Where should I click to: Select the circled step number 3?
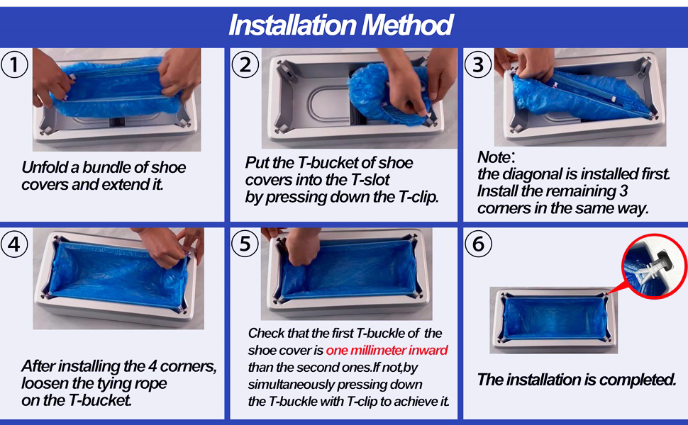[x=478, y=65]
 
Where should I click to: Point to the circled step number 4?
[x=15, y=245]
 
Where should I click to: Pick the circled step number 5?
[x=245, y=245]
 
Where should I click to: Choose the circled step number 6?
[x=478, y=245]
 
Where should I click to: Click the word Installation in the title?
[x=292, y=25]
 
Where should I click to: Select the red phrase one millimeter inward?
[x=387, y=351]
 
